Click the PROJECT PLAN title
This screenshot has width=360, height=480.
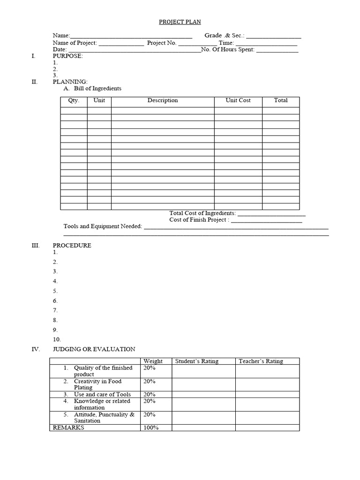pyautogui.click(x=180, y=22)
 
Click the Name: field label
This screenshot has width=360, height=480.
pyautogui.click(x=61, y=36)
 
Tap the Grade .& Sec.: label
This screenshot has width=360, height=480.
pyautogui.click(x=225, y=36)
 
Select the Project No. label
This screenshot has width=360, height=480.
pyautogui.click(x=162, y=43)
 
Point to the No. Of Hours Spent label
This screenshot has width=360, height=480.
pyautogui.click(x=227, y=49)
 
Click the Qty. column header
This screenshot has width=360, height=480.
pyautogui.click(x=74, y=100)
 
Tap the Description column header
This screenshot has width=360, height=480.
pyautogui.click(x=163, y=100)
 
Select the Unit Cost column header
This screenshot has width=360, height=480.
pyautogui.click(x=238, y=100)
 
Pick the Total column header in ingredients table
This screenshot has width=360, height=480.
pyautogui.click(x=281, y=100)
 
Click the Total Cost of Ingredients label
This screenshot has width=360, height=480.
pyautogui.click(x=202, y=213)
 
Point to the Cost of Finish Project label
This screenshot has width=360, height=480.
pyautogui.click(x=199, y=220)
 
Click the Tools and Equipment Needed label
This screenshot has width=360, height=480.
pyautogui.click(x=103, y=226)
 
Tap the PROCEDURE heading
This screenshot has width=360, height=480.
pyautogui.click(x=72, y=245)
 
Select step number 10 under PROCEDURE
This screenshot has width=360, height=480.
pyautogui.click(x=57, y=339)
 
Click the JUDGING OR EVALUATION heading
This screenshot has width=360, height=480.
pyautogui.click(x=94, y=349)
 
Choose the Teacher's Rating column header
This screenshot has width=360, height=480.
pyautogui.click(x=261, y=361)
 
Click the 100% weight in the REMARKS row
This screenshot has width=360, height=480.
pyautogui.click(x=151, y=428)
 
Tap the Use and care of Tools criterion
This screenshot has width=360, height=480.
pyautogui.click(x=102, y=395)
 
